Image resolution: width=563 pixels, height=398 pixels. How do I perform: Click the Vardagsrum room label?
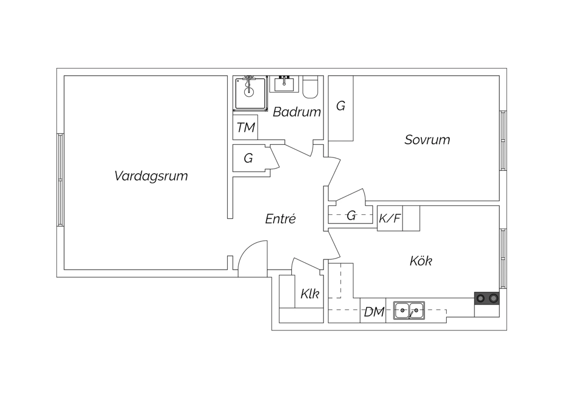click(x=151, y=176)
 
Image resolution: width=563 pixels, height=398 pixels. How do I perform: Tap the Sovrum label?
click(x=427, y=140)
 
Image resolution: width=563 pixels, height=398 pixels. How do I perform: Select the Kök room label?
click(x=421, y=261)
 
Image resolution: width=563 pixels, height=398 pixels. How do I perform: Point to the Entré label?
click(x=280, y=219)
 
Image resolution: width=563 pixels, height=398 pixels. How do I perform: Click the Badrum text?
click(x=297, y=112)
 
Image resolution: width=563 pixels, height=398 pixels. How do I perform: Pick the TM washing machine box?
click(x=245, y=128)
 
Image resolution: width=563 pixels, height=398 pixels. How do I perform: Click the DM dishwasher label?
click(x=374, y=312)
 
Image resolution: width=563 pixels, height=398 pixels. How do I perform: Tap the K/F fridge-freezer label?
click(x=390, y=218)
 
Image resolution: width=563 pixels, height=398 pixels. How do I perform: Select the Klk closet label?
click(x=310, y=294)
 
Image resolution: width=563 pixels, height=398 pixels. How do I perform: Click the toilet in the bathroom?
click(x=310, y=88)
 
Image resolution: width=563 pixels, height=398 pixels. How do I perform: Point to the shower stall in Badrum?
click(x=250, y=94)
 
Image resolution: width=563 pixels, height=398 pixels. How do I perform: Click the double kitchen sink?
click(x=409, y=311)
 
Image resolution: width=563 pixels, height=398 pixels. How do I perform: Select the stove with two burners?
click(x=487, y=298)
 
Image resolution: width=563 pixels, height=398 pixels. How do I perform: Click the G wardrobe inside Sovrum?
click(x=341, y=107)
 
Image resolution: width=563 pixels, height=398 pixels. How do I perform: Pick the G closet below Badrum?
click(x=248, y=158)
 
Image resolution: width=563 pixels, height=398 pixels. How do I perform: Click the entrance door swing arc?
click(x=251, y=255)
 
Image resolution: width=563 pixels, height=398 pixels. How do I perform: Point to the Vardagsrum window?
click(x=60, y=180)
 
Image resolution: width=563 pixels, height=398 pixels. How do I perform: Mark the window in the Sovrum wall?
click(x=503, y=141)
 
